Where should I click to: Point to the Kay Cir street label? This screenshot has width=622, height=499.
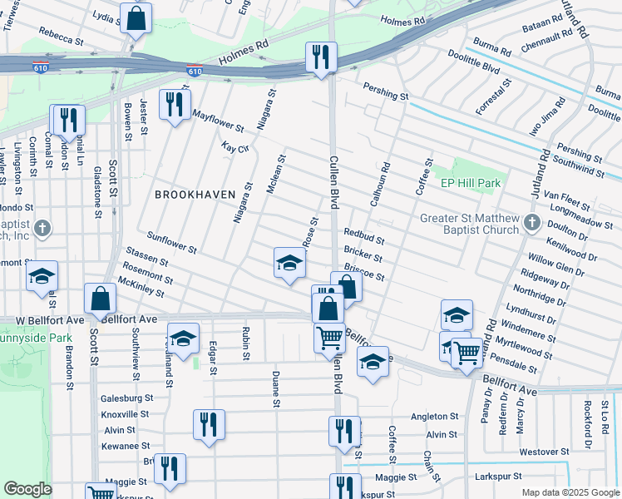(235, 147)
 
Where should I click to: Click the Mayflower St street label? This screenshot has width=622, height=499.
(217, 121)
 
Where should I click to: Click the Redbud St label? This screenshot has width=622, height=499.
(363, 237)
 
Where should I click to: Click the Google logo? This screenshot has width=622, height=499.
(27, 489)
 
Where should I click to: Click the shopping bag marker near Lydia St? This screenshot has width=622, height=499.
(136, 18)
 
